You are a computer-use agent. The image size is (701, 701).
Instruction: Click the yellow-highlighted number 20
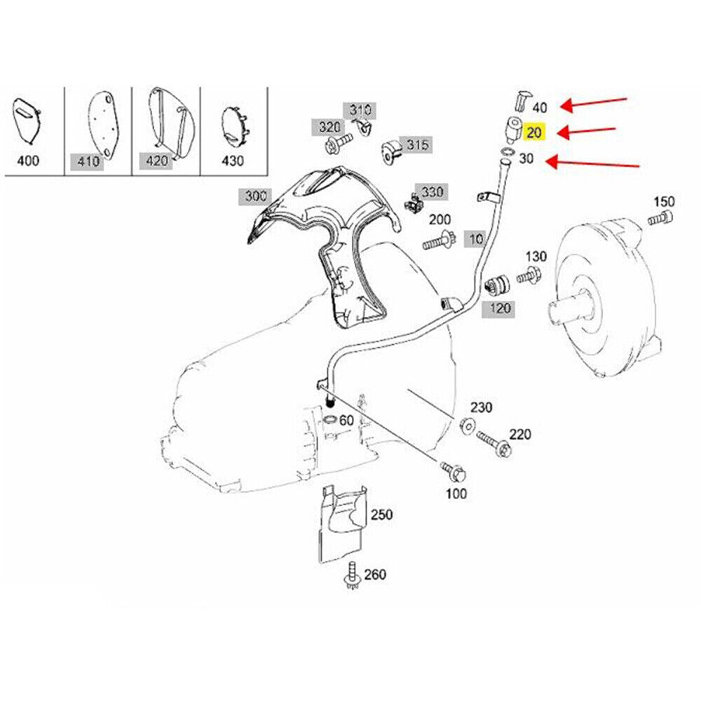534,132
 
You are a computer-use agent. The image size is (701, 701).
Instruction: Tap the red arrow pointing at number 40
597,104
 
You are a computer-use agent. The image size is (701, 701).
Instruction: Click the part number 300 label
252,195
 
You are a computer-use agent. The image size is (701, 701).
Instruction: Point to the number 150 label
663,202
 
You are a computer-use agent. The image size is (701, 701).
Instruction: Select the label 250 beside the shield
381,514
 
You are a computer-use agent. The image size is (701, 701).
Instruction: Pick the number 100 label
456,494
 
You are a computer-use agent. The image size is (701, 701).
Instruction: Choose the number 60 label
346,421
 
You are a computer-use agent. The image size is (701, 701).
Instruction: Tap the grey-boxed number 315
417,146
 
